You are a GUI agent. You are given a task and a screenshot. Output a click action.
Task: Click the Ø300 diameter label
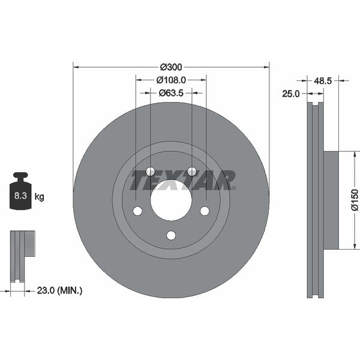171,67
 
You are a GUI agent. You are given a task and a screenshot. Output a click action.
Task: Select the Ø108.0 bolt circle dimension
171,80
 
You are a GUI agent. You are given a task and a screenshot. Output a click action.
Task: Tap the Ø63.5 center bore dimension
171,93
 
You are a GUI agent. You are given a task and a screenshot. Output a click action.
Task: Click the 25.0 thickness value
291,93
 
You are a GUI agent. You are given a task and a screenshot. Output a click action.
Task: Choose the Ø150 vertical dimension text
355,200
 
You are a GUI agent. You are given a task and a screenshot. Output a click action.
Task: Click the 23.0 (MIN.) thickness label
60,290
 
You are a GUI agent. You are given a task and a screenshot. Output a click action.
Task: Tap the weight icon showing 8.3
21,192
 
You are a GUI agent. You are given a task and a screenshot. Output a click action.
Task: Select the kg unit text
39,196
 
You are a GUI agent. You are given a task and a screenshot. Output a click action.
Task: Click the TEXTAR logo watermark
183,180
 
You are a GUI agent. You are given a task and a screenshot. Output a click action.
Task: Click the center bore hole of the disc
171,200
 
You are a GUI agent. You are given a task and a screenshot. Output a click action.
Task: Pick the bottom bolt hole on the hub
171,235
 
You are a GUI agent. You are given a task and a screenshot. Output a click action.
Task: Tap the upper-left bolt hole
150,172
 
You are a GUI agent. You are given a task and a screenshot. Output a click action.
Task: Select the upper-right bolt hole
191,172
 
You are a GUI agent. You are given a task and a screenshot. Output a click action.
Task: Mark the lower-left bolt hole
137,211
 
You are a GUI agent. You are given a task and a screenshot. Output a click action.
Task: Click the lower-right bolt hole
205,211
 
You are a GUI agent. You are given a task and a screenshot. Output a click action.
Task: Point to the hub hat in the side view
331,200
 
